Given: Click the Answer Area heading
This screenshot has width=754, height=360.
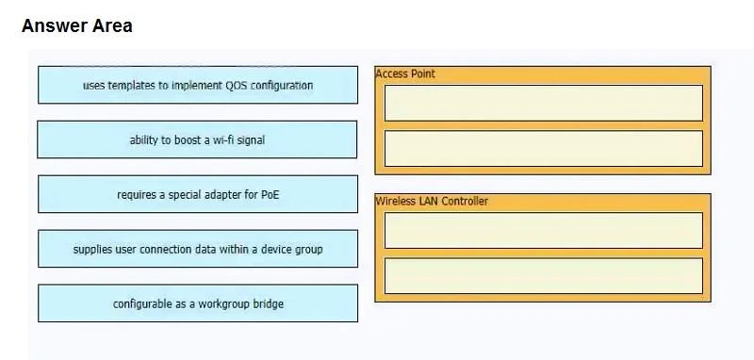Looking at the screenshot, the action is tap(77, 26).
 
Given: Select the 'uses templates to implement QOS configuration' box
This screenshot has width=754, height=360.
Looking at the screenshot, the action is tap(198, 85).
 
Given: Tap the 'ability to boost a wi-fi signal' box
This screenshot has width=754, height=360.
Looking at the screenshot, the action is tap(197, 139).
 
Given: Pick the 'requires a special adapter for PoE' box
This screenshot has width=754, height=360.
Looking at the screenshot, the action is tap(198, 194).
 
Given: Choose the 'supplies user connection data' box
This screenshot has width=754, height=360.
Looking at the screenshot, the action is tap(198, 249).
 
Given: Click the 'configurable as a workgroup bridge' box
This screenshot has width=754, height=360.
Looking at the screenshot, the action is tap(198, 303).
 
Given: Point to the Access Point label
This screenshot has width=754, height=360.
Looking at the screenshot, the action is tap(405, 74).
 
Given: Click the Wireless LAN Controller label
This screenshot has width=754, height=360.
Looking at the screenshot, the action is tap(432, 201).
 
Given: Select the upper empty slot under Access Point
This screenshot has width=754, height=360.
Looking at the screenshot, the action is tap(544, 103).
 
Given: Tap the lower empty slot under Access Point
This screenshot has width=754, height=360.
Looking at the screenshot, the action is tap(544, 149).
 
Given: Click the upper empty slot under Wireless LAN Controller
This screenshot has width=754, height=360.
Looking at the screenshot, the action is tap(544, 230).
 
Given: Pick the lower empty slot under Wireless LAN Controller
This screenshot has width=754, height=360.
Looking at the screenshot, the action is tap(544, 276).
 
